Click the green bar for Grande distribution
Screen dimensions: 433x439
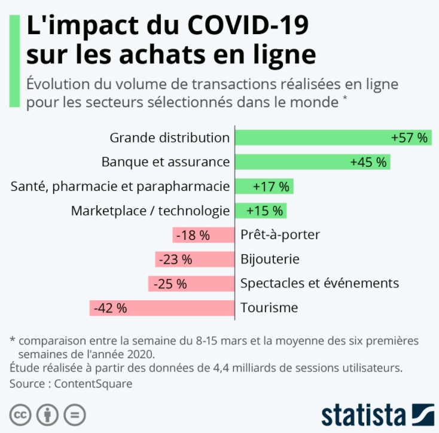click(x=311, y=138)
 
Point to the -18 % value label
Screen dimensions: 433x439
click(x=192, y=235)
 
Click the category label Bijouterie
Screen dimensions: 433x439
click(x=270, y=260)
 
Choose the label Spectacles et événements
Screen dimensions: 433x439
click(x=319, y=283)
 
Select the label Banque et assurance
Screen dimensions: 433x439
click(x=166, y=162)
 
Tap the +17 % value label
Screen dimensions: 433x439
click(x=271, y=187)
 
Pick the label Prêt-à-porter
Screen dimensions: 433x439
click(x=280, y=235)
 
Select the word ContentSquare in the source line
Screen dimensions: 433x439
click(x=93, y=383)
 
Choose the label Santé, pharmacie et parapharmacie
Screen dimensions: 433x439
click(x=120, y=187)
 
